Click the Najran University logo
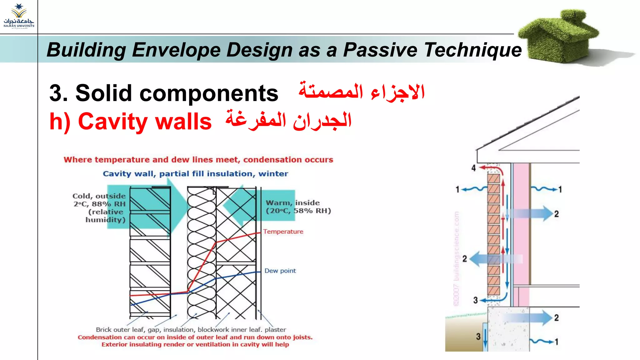click(x=19, y=16)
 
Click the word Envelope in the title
click(x=176, y=50)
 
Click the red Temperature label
click(x=283, y=232)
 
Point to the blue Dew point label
click(x=280, y=271)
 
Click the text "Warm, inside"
click(x=292, y=203)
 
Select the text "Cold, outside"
click(x=99, y=196)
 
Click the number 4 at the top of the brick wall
click(x=473, y=168)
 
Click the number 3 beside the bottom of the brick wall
click(x=475, y=300)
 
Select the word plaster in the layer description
click(x=275, y=330)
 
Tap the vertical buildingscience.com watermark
click(x=457, y=259)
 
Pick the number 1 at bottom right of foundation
click(x=556, y=342)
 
